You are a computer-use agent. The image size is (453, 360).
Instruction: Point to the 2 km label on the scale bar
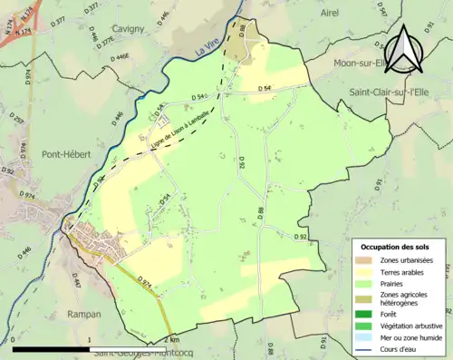click(x=174, y=340)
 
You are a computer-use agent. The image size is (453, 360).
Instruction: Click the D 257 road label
click(x=14, y=124)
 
